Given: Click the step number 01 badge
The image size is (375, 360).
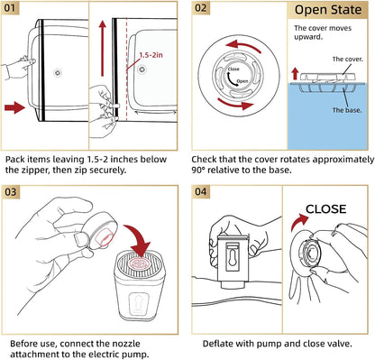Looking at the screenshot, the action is [x=10, y=8].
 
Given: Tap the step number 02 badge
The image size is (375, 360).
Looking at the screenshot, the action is [x=201, y=8].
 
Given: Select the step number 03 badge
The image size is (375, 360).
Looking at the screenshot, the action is [x=11, y=192].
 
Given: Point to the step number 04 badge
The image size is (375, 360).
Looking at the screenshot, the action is [x=201, y=192].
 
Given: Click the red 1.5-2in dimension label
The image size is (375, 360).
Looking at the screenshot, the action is [x=151, y=55].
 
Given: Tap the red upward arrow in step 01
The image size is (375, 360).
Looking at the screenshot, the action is [x=103, y=49].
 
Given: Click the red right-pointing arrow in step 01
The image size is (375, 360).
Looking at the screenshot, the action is [x=15, y=107].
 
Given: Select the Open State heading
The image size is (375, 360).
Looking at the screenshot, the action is [x=328, y=10].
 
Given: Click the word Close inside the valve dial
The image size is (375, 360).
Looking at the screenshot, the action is [x=233, y=69].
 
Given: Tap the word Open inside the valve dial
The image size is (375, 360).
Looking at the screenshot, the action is [x=242, y=81].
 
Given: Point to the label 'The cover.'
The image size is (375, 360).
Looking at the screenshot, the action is [x=348, y=60].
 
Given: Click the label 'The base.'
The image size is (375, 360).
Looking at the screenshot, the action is [x=347, y=110].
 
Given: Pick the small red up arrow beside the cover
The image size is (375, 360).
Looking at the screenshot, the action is [x=295, y=74].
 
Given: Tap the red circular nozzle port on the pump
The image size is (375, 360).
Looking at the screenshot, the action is [x=140, y=263].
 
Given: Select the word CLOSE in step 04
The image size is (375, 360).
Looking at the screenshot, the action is [x=325, y=209].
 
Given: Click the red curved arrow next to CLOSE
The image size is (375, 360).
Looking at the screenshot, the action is [x=298, y=222].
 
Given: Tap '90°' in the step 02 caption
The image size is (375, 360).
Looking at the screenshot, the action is [x=198, y=170].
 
